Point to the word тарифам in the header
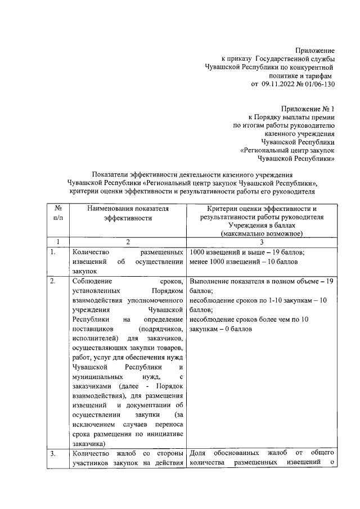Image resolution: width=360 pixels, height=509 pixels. click(316, 75)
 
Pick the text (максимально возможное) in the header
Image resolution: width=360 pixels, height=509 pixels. click(262, 233)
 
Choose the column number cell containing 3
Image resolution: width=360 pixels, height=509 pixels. click(262, 242)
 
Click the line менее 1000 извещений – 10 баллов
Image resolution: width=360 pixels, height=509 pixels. click(243, 262)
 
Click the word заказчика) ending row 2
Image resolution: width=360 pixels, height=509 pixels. click(89, 443)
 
